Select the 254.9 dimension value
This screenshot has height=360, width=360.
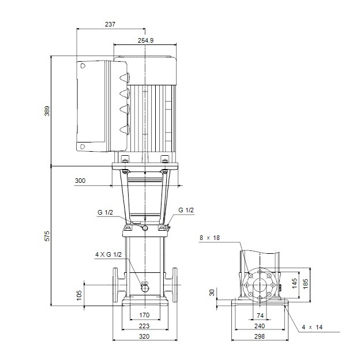pos(146,40)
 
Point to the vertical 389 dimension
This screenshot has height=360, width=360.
pos(47,111)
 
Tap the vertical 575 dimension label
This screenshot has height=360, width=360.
pos(47,236)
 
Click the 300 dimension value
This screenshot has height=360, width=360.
pos(80,181)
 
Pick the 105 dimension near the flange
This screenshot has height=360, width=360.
pos(79,294)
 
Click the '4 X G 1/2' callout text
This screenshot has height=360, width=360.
pos(108,254)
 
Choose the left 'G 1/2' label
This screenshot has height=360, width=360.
pos(105,212)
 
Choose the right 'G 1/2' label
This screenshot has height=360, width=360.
pos(186,210)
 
